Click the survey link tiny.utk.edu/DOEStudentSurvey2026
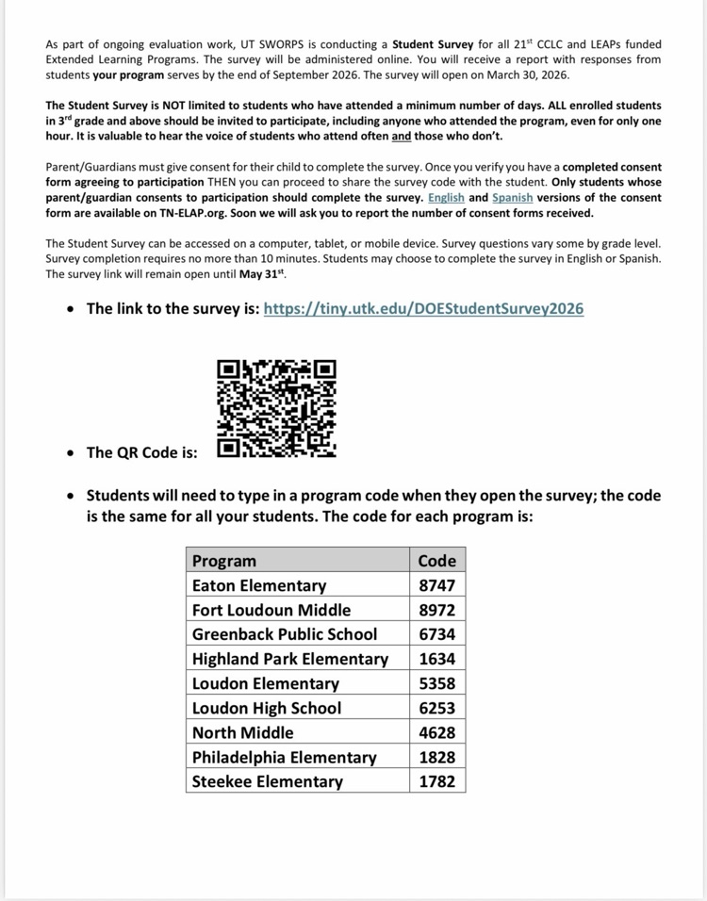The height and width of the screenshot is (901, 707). (423, 309)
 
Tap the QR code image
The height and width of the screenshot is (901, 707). (276, 409)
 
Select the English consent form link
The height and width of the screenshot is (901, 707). (446, 198)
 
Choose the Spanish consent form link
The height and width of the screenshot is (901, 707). (512, 198)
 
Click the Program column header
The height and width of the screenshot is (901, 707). (224, 561)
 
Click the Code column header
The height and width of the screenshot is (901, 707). (436, 561)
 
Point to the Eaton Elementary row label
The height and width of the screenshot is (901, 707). (259, 585)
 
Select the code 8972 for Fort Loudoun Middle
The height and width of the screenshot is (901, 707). (436, 610)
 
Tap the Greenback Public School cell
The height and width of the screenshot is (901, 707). (284, 634)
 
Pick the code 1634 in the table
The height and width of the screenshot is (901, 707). (436, 659)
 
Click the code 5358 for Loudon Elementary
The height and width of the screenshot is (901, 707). (436, 683)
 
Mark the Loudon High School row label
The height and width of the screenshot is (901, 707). (267, 708)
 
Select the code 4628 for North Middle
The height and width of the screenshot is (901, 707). (436, 732)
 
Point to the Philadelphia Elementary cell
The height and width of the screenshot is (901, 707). (284, 757)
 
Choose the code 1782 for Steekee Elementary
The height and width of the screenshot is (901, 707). (436, 781)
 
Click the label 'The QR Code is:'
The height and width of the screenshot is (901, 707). (142, 452)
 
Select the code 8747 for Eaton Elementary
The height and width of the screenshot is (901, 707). (436, 585)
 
